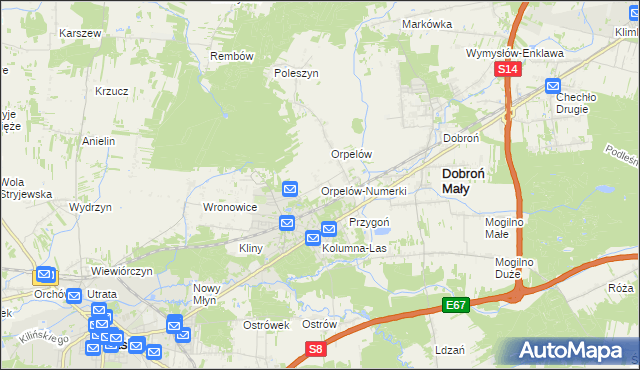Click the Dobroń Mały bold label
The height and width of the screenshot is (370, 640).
(466, 180)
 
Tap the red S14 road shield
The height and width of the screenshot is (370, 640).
(508, 69)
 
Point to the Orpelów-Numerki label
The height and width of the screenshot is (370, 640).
(363, 191)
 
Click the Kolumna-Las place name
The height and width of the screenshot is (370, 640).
(353, 247)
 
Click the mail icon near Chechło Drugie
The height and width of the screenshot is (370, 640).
(553, 86)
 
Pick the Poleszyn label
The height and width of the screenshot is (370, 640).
(296, 73)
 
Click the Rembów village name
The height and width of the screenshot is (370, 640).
(232, 56)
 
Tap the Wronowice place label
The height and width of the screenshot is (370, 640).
(231, 207)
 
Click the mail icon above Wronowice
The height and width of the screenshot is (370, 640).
(290, 187)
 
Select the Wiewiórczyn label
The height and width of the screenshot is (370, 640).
(121, 271)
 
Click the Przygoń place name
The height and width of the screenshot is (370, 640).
(368, 221)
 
